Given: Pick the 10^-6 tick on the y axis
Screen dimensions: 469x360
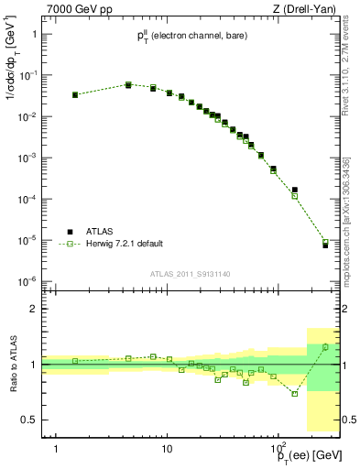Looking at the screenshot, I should pos(27,281).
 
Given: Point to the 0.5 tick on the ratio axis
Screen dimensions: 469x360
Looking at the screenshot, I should pos(29,420).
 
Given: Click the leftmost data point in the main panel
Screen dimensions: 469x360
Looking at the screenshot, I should pos(75,94).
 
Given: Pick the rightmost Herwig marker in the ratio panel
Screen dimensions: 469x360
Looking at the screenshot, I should pos(325,346).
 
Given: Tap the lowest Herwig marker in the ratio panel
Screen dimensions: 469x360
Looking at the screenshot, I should pos(295,393).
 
